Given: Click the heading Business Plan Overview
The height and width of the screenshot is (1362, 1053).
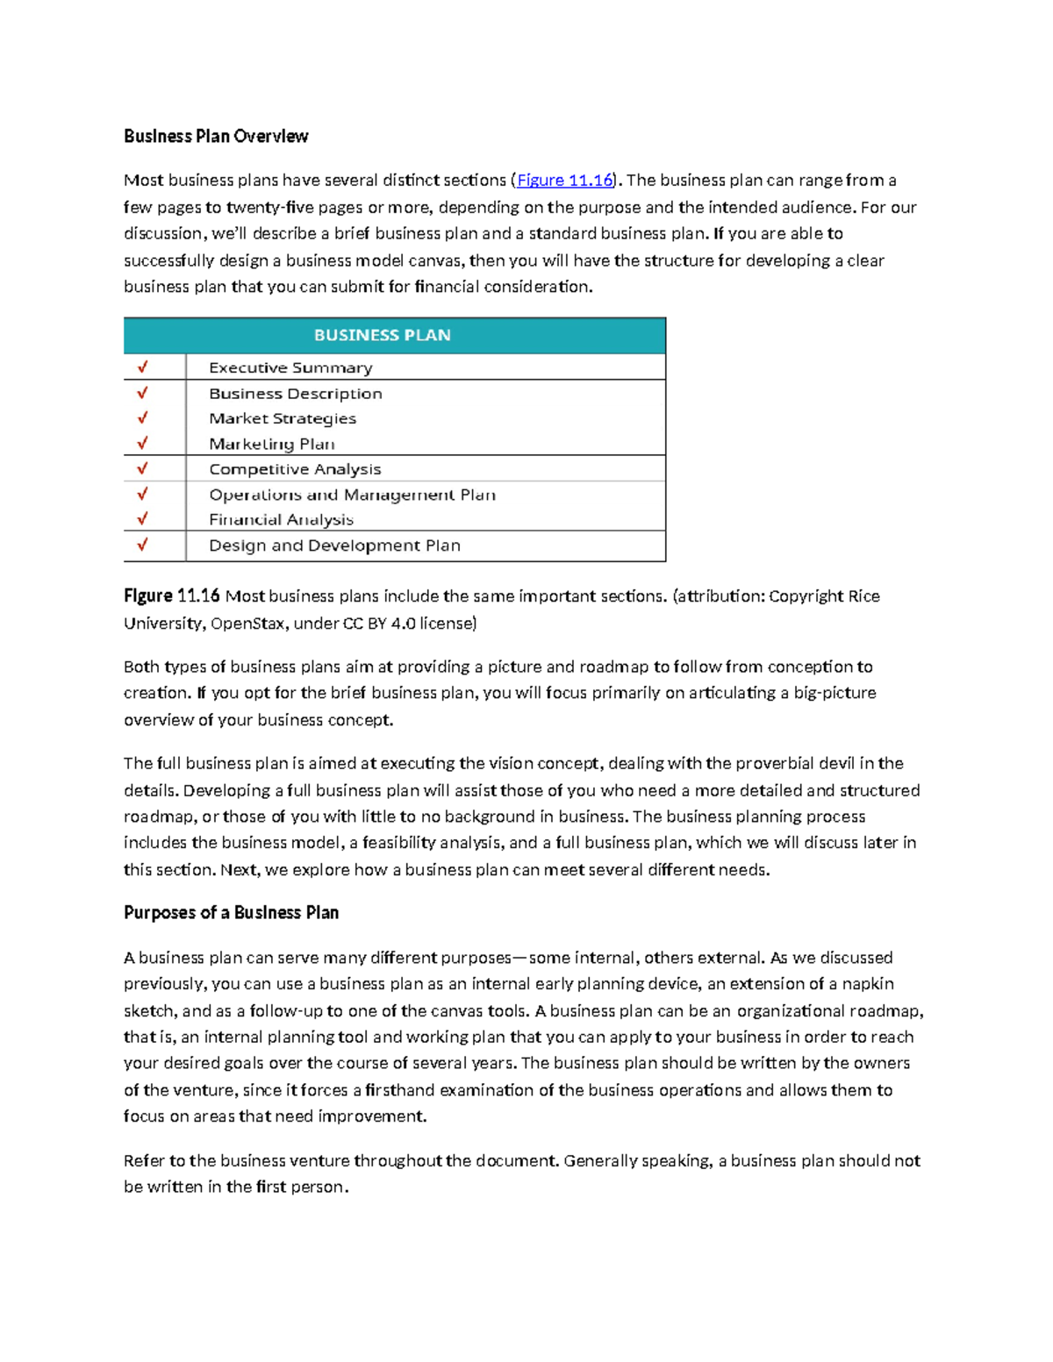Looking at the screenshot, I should click(216, 136).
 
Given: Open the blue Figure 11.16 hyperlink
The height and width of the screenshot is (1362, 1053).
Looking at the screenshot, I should click(564, 181).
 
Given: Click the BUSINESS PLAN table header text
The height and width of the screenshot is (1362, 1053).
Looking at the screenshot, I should click(383, 335).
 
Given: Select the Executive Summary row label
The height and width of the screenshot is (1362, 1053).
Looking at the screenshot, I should click(290, 367).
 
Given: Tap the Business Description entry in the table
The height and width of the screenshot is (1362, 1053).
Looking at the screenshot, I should click(295, 394).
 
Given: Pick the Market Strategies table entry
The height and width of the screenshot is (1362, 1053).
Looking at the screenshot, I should click(283, 418).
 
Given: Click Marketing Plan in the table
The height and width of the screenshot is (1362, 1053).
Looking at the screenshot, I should click(272, 444).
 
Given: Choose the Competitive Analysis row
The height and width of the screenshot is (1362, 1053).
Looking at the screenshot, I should click(295, 469).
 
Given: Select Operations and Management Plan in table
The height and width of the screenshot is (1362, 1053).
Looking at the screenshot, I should click(352, 495).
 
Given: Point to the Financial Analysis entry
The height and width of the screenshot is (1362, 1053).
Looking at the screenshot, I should click(281, 519).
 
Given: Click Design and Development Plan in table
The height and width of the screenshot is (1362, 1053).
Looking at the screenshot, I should click(334, 546).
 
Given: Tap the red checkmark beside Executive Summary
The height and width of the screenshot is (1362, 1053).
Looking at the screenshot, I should click(142, 367).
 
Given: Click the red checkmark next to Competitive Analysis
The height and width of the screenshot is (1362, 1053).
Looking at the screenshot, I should click(142, 469).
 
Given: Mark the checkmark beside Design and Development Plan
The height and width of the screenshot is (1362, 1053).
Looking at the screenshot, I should click(142, 546).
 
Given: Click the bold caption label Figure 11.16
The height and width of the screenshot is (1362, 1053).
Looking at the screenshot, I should click(172, 596).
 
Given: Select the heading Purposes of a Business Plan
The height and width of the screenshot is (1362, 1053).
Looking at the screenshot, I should click(231, 913).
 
